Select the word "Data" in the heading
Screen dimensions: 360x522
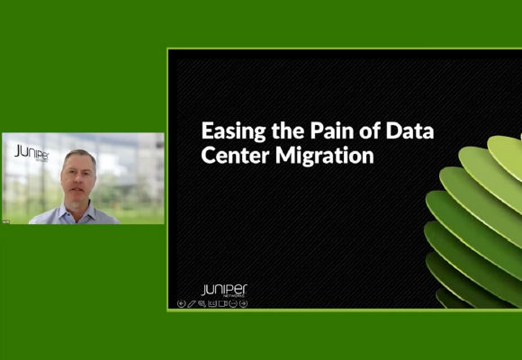(x=410, y=131)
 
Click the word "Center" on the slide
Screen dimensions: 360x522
(x=229, y=155)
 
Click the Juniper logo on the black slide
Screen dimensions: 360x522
(x=224, y=291)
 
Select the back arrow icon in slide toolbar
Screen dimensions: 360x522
(x=182, y=303)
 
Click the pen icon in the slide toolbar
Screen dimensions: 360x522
(x=192, y=303)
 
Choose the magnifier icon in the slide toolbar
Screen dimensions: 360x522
(x=202, y=303)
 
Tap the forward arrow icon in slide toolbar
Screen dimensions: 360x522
(x=244, y=303)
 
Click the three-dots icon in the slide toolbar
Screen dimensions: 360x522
(x=233, y=303)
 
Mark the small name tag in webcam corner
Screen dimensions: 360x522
(x=6, y=220)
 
